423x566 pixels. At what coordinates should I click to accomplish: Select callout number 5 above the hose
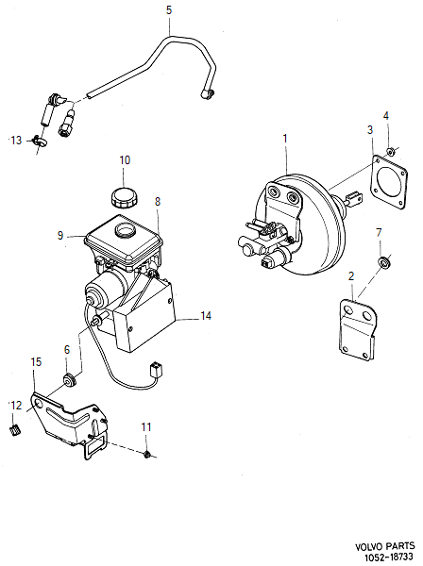[169, 10]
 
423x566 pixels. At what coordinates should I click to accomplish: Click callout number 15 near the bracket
[36, 361]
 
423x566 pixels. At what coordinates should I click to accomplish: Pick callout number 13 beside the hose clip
[14, 140]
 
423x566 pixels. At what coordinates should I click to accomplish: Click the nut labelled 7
[384, 260]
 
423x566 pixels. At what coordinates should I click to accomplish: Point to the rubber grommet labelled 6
[69, 380]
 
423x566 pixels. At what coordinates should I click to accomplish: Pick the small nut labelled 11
[148, 456]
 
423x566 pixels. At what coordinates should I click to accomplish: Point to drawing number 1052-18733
[384, 558]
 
